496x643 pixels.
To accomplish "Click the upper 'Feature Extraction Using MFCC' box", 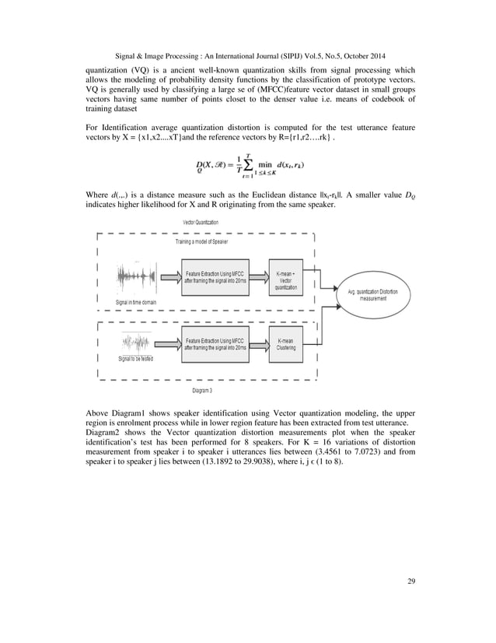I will [215, 279].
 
